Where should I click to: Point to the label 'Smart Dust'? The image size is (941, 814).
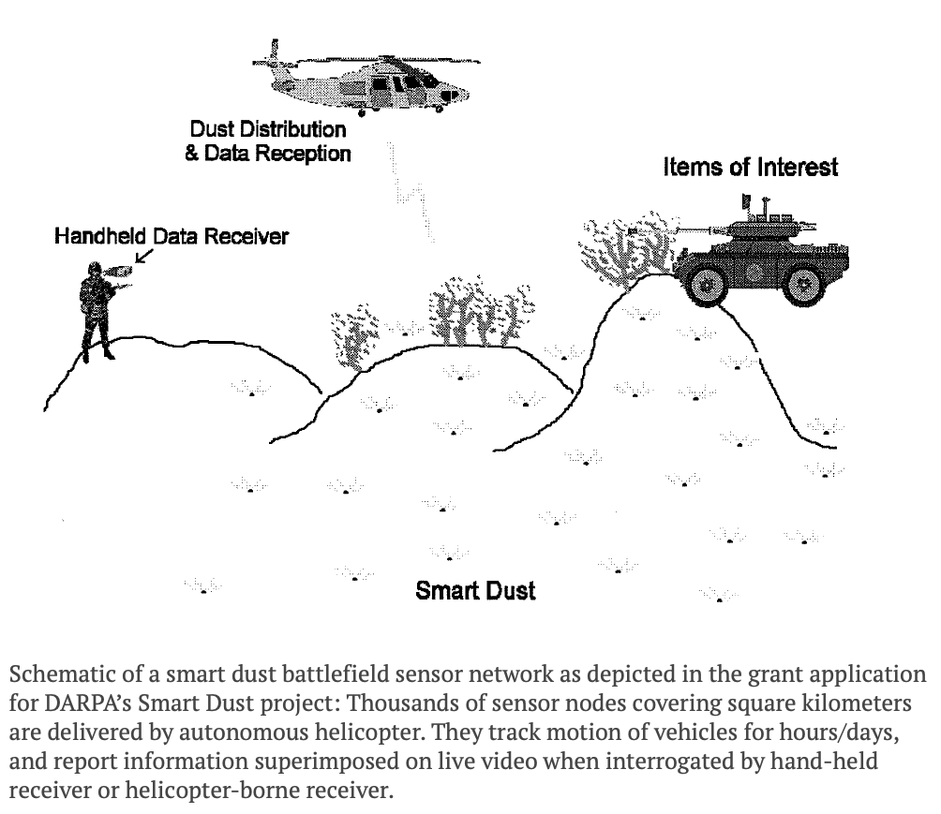[x=475, y=590]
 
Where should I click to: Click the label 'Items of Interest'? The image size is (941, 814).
[x=750, y=168]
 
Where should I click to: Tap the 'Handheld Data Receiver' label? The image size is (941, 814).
[x=171, y=236]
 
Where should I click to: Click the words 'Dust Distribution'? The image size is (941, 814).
[x=268, y=129]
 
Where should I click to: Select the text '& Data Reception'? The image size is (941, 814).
[x=268, y=153]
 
